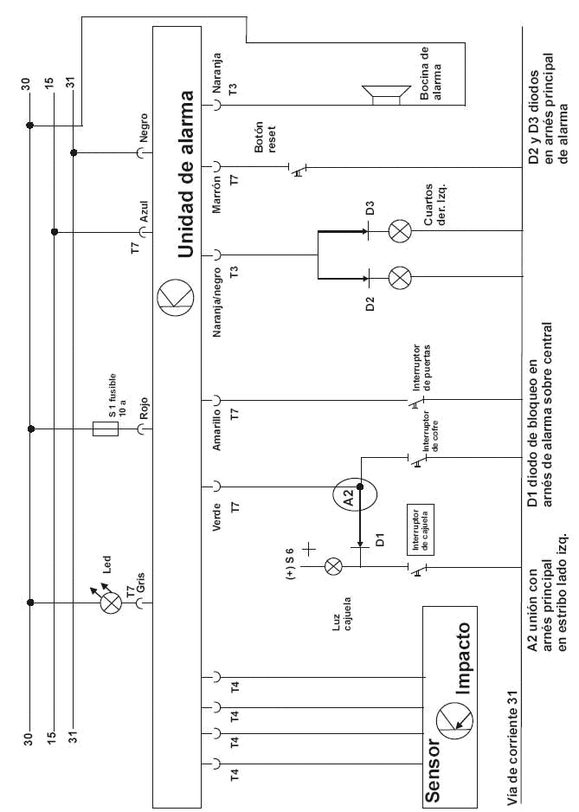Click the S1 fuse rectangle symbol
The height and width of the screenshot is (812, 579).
tap(106, 428)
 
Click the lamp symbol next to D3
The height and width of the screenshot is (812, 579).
tap(400, 231)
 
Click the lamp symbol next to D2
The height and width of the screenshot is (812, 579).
tap(400, 278)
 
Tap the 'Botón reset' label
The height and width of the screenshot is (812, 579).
tap(265, 137)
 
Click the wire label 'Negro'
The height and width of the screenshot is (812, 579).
tap(144, 126)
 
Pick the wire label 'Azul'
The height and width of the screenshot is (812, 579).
tap(145, 212)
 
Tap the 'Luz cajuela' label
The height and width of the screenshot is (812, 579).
tap(343, 612)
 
